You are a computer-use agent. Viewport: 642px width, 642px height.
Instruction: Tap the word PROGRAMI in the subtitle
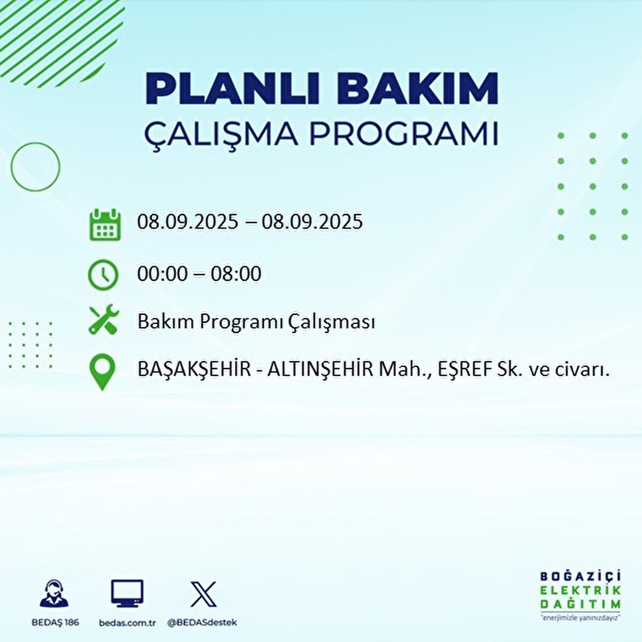click(x=404, y=135)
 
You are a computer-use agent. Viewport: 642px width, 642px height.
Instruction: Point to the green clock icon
click(x=102, y=275)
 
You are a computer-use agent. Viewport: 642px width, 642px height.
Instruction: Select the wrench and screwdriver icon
click(x=103, y=320)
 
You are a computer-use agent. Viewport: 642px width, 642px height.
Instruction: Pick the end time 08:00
click(x=236, y=274)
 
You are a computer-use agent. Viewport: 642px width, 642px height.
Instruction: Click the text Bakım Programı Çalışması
click(x=256, y=322)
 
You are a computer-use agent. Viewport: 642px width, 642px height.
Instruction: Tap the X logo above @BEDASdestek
click(x=203, y=594)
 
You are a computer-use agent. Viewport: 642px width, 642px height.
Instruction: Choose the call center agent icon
click(x=55, y=593)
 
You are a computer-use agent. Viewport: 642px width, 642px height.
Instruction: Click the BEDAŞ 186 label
click(x=55, y=622)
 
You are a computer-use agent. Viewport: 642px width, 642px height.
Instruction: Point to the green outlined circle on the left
click(x=35, y=167)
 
